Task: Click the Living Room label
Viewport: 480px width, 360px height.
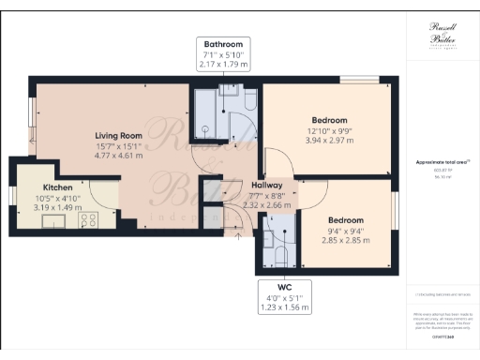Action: coord(117,135)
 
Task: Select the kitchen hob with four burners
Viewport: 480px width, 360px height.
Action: coord(89,222)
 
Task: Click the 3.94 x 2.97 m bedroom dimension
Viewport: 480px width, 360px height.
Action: coord(329,141)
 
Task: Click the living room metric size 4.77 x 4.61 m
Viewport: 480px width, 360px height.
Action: coord(117,157)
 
